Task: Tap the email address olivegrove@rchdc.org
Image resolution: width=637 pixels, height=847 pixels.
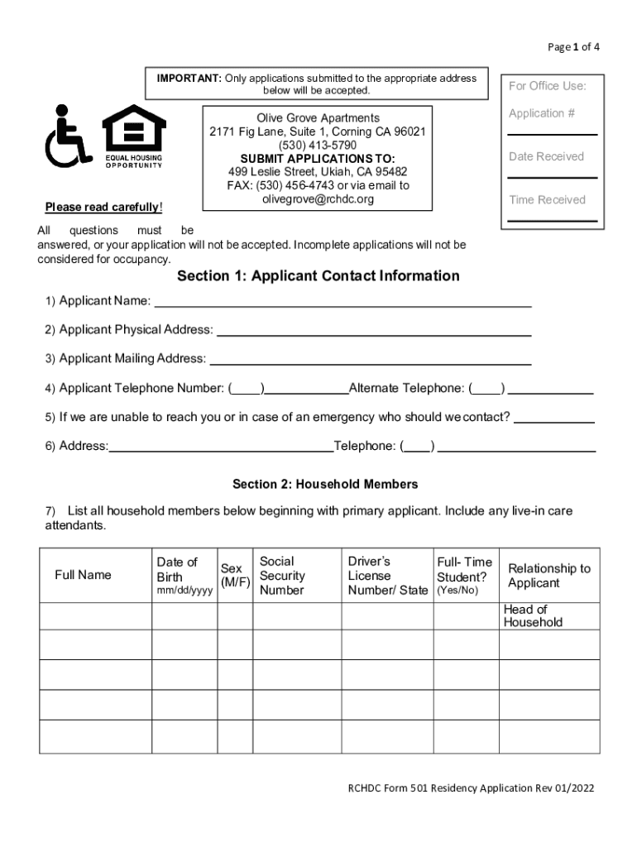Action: click(318, 199)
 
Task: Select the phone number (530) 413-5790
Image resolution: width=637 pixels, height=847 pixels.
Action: click(318, 145)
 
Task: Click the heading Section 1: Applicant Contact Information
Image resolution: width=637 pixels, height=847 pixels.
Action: click(318, 276)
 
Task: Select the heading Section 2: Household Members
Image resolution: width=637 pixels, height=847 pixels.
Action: click(325, 484)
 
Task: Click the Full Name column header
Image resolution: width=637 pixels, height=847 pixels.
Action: click(83, 575)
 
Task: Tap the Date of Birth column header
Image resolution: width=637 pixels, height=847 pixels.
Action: click(184, 576)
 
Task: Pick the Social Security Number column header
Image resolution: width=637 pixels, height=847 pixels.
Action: click(282, 576)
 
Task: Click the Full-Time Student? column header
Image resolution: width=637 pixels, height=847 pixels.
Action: click(464, 576)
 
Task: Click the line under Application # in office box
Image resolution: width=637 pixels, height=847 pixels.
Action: click(552, 134)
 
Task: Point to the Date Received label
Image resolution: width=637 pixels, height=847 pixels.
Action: click(546, 156)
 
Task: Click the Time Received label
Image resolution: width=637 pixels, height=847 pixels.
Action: click(547, 200)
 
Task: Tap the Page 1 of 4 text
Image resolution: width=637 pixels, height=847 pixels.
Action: click(573, 47)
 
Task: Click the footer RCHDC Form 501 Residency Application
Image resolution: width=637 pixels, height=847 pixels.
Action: click(470, 787)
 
